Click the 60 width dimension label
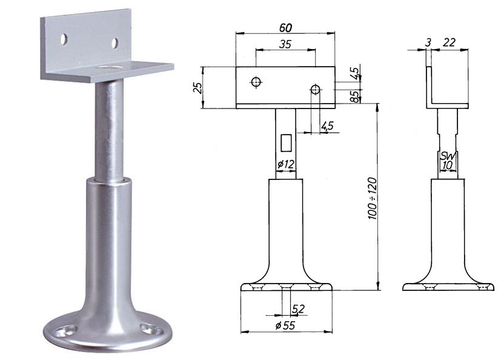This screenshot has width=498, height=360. tap(285, 28)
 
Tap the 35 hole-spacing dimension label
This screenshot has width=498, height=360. tap(285, 44)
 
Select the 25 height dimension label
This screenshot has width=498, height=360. tap(198, 87)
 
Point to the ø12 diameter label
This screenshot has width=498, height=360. tap(286, 164)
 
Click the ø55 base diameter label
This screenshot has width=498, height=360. tap(285, 325)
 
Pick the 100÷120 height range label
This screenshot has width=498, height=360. tap(372, 199)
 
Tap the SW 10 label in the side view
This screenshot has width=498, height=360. tap(448, 161)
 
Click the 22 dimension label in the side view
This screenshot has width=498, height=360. tap(449, 42)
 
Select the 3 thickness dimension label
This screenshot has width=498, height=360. tap(428, 42)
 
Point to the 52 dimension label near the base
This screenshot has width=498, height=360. tap(298, 308)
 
